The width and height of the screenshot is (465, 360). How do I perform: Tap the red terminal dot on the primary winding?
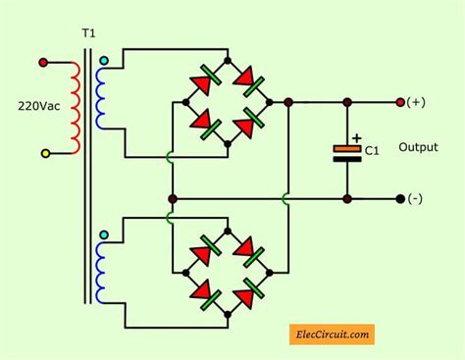coord(43,63)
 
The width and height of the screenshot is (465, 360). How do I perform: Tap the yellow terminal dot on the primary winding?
coord(43,153)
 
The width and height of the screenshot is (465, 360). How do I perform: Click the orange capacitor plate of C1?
coord(347,149)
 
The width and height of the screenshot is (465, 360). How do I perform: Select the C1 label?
coord(372,150)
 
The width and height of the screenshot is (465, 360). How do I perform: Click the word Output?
coord(418,147)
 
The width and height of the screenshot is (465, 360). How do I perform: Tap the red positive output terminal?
coord(399,101)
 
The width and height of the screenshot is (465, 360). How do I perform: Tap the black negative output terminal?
coord(399,198)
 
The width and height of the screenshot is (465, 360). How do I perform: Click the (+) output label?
coord(416,102)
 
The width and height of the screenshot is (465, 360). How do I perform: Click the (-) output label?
coord(416,199)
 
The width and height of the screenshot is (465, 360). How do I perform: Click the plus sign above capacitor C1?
coord(356,138)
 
